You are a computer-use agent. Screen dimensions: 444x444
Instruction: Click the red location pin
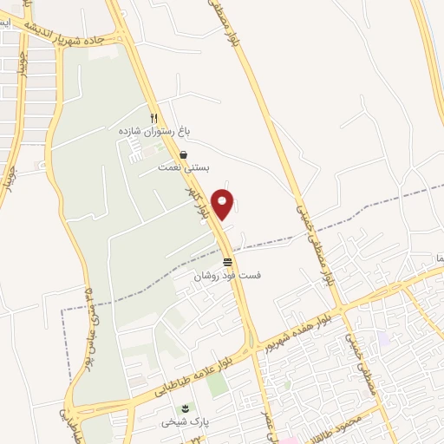(223, 203)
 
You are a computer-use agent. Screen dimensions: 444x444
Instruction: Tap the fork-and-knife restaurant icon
(154, 118)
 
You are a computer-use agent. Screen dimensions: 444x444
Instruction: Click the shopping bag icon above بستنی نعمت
(183, 155)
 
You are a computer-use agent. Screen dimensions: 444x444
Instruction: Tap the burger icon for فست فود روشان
(227, 262)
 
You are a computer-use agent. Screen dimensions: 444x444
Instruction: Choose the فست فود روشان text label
(227, 275)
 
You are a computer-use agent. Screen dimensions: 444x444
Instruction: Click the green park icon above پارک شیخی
(182, 409)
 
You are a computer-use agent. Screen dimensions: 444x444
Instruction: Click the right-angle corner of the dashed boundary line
(62, 309)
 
